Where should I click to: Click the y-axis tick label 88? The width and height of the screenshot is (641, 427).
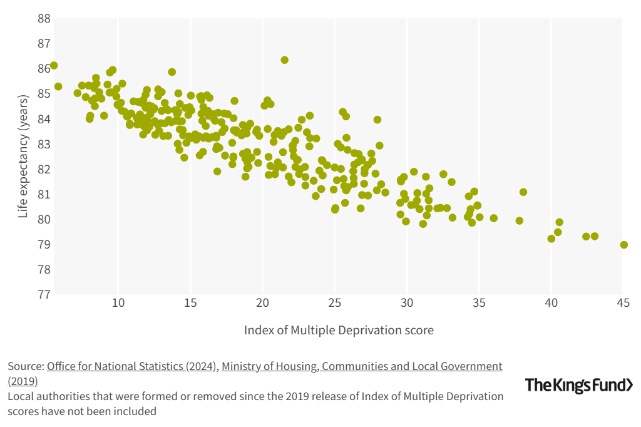pos(43,19)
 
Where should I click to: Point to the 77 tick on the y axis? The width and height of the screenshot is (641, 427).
pos(43,294)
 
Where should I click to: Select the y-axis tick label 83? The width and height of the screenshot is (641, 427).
pos(43,144)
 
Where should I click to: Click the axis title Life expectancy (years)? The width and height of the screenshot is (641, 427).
pos(23,157)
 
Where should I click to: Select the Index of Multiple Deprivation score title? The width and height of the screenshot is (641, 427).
pos(338,330)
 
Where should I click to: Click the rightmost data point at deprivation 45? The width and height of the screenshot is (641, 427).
pos(623,245)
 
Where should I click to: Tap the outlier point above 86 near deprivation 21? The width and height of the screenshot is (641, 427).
pos(284,60)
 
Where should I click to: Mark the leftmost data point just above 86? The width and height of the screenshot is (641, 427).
pos(54,66)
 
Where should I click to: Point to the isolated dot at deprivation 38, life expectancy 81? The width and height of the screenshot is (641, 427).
pos(523,192)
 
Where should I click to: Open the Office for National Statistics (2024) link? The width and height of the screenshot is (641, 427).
pos(132,366)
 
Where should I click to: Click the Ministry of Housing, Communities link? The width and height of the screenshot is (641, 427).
pos(362,366)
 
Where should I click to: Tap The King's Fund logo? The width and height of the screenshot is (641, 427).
pos(578,385)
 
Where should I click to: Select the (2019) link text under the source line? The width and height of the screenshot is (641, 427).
pos(23,381)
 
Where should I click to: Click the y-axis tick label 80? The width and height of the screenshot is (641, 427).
pos(43,219)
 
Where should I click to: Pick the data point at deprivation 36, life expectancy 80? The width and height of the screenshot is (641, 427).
pos(493,218)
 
